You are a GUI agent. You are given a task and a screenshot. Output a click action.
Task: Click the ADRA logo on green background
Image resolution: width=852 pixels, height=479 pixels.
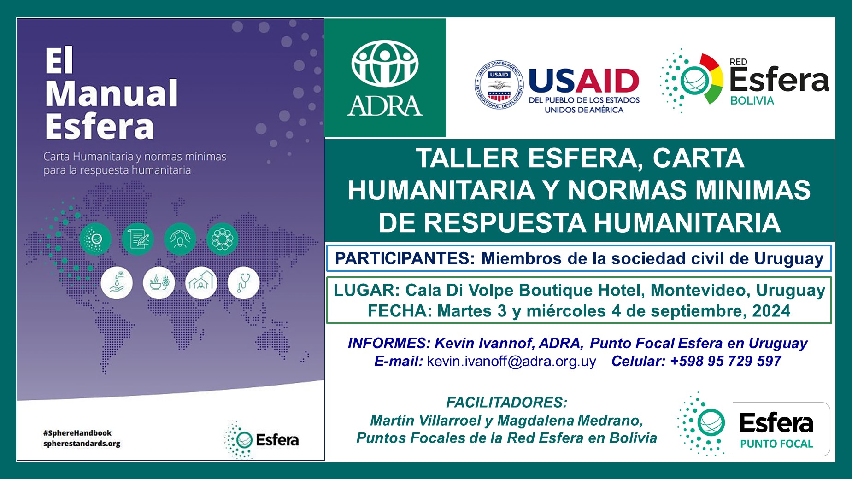(385, 78)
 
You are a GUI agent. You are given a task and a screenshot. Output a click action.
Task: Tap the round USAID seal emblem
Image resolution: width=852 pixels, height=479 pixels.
(499, 85)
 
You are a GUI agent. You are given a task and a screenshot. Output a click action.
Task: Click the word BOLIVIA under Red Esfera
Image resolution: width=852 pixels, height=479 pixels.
(752, 101)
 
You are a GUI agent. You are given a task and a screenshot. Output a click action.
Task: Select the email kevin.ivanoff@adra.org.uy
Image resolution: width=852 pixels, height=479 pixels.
(511, 362)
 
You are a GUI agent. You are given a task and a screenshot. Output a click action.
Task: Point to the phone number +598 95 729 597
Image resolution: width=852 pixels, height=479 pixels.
(726, 361)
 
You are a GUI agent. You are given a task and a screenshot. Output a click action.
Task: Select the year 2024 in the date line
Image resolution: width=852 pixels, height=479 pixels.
(771, 311)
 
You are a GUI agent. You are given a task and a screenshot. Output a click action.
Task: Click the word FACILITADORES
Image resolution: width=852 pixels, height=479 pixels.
(506, 403)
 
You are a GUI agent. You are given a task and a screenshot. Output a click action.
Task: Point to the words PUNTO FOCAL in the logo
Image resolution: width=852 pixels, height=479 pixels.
(776, 444)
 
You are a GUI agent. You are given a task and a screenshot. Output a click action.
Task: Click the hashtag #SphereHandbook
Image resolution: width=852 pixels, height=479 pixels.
(77, 433)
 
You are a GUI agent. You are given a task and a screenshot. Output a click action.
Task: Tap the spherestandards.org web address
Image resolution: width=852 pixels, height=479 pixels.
(82, 444)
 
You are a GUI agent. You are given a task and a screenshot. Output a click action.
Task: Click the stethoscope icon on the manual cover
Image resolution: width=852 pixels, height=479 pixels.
(243, 283)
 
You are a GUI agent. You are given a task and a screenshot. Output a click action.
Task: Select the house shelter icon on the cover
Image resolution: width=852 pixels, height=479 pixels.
(201, 283)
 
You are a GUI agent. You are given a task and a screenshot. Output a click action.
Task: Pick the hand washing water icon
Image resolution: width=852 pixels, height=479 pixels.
(117, 283)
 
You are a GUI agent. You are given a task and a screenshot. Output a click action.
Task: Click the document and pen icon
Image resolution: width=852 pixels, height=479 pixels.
(137, 239)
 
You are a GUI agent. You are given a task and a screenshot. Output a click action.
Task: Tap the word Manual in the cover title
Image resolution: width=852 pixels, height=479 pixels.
(112, 93)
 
